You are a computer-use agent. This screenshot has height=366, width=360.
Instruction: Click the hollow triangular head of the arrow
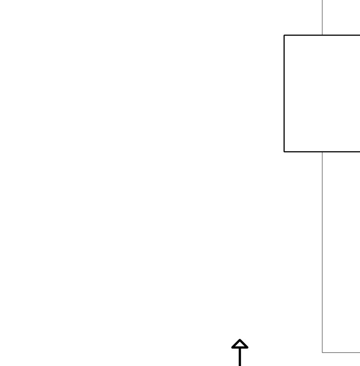(x=240, y=344)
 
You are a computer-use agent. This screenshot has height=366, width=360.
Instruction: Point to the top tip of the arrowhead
(x=240, y=340)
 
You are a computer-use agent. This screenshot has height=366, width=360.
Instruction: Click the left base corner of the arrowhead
(x=232, y=348)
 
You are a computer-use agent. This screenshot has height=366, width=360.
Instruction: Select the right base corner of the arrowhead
(x=247, y=348)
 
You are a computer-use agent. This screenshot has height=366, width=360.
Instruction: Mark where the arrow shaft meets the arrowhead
(x=240, y=348)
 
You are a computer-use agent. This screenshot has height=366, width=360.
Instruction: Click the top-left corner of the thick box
(x=284, y=35)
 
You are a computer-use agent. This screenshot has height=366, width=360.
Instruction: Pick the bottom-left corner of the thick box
(x=284, y=151)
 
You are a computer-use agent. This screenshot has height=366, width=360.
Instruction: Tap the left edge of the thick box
(x=284, y=94)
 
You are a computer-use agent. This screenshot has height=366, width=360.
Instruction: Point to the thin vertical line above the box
(x=322, y=17)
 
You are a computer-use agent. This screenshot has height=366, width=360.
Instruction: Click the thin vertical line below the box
(x=322, y=251)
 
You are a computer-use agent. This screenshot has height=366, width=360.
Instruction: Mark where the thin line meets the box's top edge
(x=322, y=35)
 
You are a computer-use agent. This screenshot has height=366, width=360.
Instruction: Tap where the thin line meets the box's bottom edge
(x=322, y=151)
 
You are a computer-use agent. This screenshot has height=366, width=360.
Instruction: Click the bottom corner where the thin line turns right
(x=322, y=352)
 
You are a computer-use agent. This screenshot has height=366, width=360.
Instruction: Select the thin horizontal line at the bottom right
(x=341, y=352)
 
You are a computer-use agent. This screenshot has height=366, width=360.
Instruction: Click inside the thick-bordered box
(x=322, y=94)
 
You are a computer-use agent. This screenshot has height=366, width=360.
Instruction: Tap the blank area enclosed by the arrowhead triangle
(x=240, y=345)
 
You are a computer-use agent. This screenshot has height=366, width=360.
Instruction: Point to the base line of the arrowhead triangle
(x=236, y=348)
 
